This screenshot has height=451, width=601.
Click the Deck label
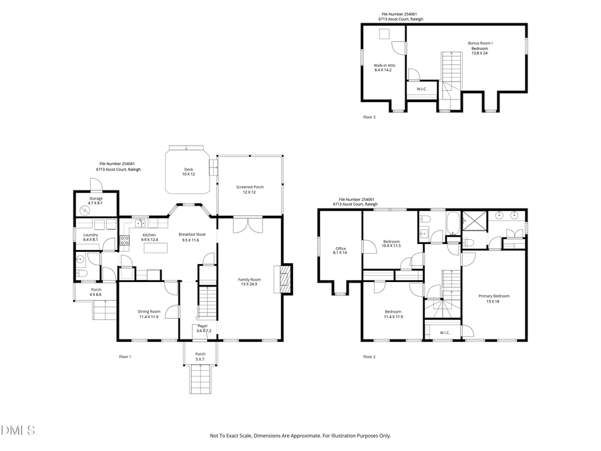click(189, 172)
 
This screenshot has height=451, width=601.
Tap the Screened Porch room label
click(250, 189)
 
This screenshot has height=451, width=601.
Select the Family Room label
click(250, 281)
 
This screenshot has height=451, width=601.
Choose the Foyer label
click(202, 328)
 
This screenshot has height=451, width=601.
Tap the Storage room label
click(96, 200)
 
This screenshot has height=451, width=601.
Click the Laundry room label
click(91, 237)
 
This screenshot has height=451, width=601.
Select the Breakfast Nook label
click(192, 237)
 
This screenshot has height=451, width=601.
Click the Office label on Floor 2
click(341, 251)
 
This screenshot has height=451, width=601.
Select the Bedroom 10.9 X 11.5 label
click(391, 243)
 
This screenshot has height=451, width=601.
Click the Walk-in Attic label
click(385, 67)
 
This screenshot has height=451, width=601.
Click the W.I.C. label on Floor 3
click(421, 89)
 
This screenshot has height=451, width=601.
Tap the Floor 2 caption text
click(369, 357)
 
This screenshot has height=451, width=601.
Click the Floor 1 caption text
click(125, 357)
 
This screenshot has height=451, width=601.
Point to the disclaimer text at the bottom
click(300, 436)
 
